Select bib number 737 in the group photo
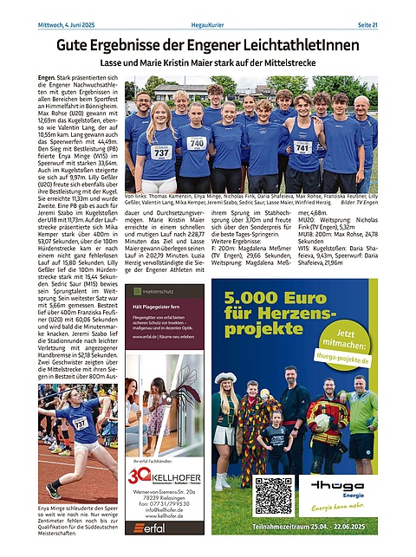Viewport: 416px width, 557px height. (x=161, y=152)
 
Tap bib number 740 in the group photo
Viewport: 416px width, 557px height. (x=197, y=143)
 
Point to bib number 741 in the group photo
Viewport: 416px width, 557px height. (x=302, y=148)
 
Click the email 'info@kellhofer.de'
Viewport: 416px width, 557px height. (x=153, y=510)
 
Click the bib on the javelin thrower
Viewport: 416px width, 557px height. (x=81, y=423)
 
